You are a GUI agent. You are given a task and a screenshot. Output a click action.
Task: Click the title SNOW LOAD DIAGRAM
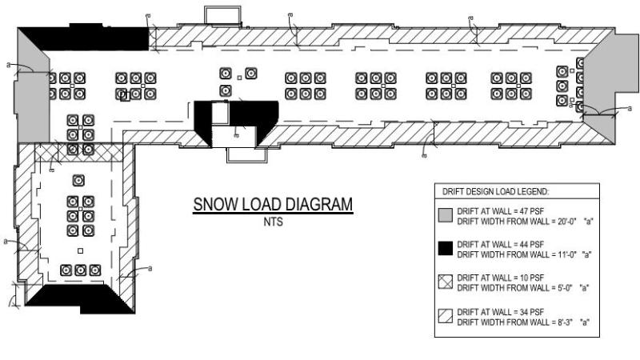pyautogui.click(x=273, y=206)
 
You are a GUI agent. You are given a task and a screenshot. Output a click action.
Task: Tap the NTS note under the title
pyautogui.click(x=273, y=222)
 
